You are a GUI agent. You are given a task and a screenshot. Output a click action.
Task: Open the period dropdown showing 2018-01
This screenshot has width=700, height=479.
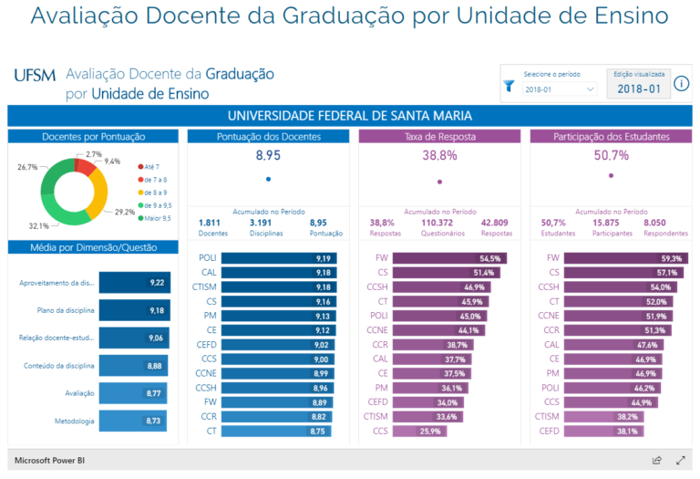point(560,89)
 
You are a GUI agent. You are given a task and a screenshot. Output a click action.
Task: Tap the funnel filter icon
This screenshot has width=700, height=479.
point(510,87)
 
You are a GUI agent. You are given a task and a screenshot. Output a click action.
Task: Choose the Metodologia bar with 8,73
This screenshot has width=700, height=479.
point(133,421)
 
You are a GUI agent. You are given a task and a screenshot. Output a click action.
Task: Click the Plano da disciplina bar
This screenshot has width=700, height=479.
point(133,310)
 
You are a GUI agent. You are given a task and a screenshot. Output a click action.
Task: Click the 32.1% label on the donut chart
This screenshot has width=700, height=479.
point(38,225)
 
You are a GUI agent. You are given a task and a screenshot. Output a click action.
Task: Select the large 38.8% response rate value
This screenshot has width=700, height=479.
point(439,156)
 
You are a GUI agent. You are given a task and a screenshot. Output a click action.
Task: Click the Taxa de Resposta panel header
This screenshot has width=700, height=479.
point(439,136)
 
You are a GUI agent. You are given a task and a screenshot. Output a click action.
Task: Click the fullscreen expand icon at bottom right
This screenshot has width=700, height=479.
point(680,460)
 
